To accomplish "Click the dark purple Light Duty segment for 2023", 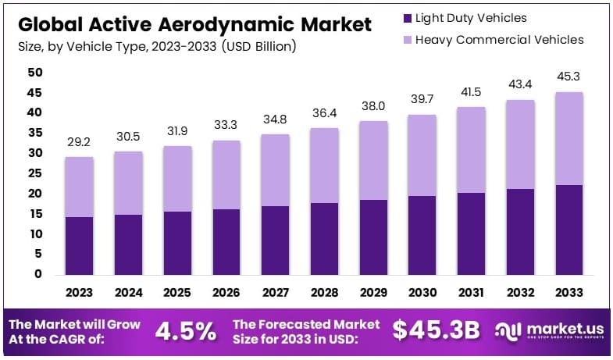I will coord(80,245).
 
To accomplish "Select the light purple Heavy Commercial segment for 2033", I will coord(568,138).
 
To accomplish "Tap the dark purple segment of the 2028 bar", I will coord(324,238).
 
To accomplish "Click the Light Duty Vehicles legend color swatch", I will coord(405,18).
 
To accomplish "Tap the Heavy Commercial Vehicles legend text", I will coord(500,40).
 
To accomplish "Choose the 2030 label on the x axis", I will coord(422,294).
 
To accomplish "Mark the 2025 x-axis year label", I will coord(177,294).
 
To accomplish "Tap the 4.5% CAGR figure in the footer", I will coord(186,330).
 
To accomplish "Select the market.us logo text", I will coord(561,328).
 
